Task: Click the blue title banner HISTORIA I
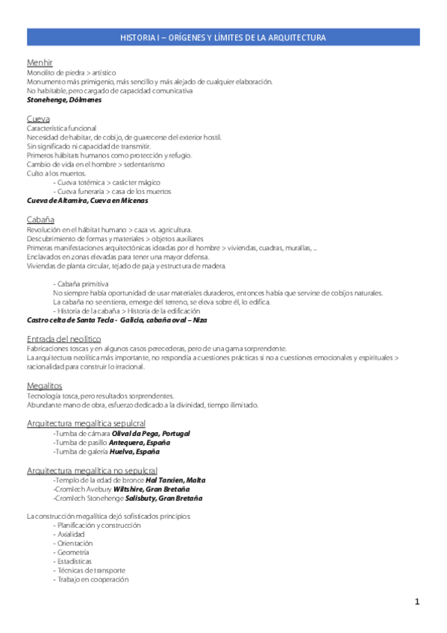click(x=223, y=37)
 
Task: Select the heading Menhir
click(x=39, y=63)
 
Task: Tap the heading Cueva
click(x=38, y=119)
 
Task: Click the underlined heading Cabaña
click(x=40, y=219)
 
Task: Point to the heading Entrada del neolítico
click(x=63, y=338)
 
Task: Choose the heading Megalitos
click(x=44, y=385)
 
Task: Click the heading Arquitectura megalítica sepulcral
click(x=86, y=423)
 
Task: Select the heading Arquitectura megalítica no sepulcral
click(x=92, y=470)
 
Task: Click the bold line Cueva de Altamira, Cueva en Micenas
click(x=87, y=201)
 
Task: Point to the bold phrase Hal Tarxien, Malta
click(x=175, y=480)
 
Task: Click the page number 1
click(x=418, y=601)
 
